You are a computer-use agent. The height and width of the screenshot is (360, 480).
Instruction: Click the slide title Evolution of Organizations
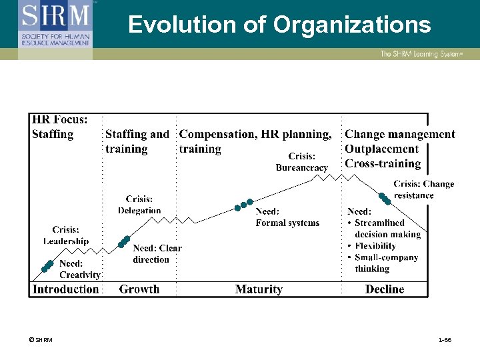[x=279, y=25]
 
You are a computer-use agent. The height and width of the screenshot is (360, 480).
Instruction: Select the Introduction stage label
[x=65, y=289]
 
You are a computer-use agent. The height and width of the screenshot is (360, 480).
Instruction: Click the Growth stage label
[x=139, y=289]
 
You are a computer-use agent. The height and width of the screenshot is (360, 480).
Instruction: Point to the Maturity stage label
[x=259, y=289]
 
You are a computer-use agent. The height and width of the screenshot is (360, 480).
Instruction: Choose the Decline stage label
[x=385, y=289]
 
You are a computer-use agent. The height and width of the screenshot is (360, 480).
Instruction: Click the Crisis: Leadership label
[x=66, y=235]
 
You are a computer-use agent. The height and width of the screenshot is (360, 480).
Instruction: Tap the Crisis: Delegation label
[x=139, y=205]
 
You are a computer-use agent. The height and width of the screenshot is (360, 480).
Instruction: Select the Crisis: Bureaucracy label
[x=302, y=162]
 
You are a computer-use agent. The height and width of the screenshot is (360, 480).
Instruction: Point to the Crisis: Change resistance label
[x=423, y=189]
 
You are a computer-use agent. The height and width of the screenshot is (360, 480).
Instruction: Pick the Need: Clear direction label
[x=157, y=254]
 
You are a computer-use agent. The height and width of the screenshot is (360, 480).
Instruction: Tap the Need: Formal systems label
[x=287, y=217]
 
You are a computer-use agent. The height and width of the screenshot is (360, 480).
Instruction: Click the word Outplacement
[x=381, y=149]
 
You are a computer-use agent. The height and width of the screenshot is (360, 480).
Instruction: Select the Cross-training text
[x=383, y=164]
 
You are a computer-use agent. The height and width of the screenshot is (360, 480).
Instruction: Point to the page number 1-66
[x=445, y=340]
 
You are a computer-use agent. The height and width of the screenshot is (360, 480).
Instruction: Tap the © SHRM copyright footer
[x=41, y=340]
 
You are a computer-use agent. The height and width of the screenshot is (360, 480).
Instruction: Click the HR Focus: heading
[x=59, y=120]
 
